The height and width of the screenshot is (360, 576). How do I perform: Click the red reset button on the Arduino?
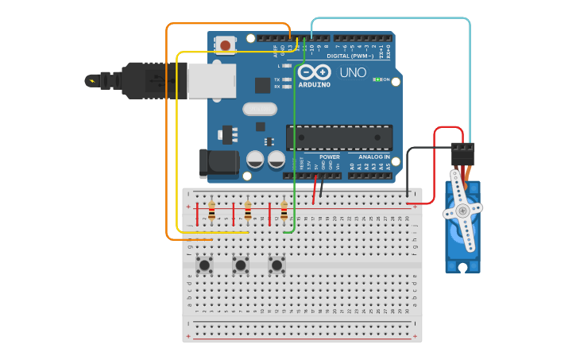point(226,45)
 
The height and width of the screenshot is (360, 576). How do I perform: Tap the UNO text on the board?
point(353,72)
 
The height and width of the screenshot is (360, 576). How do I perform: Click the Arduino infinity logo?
point(314,72)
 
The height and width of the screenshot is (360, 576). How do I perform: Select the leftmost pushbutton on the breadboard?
point(204,265)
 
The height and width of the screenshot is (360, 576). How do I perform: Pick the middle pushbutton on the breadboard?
point(240,265)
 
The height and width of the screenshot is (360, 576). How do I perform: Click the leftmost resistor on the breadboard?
point(211,211)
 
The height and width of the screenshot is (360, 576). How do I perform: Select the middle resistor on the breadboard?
point(248,211)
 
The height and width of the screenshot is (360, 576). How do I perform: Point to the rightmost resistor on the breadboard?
point(284,211)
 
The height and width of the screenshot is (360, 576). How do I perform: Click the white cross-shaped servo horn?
point(462,211)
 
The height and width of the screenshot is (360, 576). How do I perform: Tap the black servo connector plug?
point(462,153)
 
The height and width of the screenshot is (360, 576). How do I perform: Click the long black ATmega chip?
point(339,137)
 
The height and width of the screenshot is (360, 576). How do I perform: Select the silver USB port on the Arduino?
point(211,80)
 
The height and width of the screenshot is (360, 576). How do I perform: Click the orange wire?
point(167,135)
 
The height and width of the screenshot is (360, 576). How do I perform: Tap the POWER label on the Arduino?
point(330,157)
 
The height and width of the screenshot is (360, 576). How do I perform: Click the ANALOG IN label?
point(369,157)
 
